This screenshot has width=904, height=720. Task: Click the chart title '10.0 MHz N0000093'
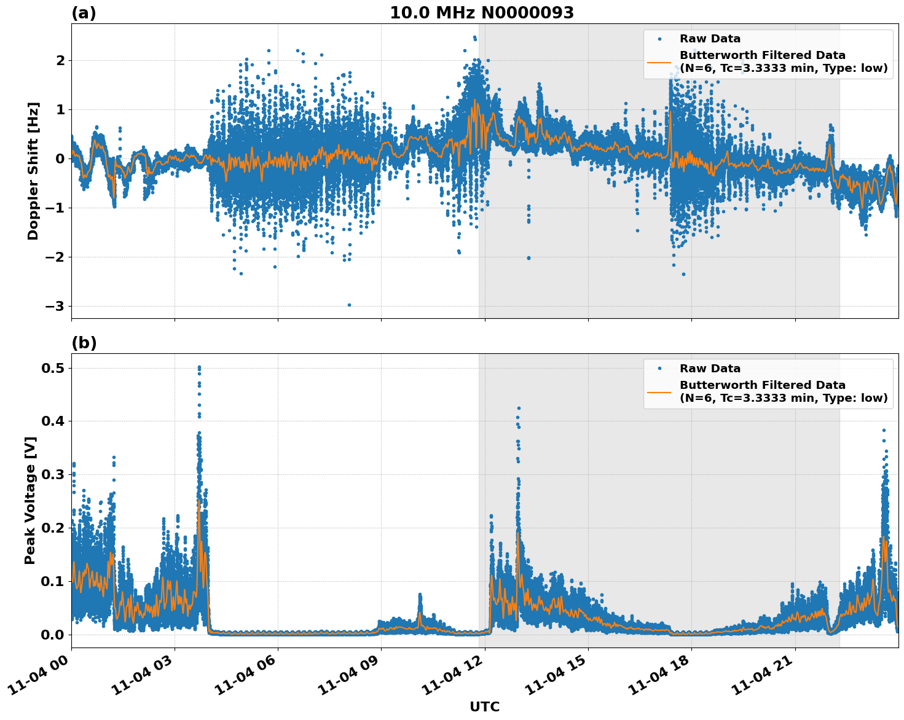coord(481,13)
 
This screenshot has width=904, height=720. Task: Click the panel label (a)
coord(84,13)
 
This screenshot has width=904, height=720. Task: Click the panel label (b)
coord(84,343)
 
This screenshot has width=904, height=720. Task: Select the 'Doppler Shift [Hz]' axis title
coord(33,171)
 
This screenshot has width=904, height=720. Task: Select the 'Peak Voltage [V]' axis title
coord(30,500)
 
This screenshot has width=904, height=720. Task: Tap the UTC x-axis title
coord(484,706)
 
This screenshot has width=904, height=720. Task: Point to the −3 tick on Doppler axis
coord(56,306)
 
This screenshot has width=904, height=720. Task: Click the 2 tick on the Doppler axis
coord(60,60)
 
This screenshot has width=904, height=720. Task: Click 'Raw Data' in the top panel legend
coord(710,39)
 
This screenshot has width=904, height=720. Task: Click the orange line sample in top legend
coord(659,61)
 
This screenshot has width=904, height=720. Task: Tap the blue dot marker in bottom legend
coord(659,369)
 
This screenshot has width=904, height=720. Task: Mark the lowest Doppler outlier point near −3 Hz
coord(349,305)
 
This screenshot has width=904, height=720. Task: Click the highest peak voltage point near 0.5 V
coord(199,367)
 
